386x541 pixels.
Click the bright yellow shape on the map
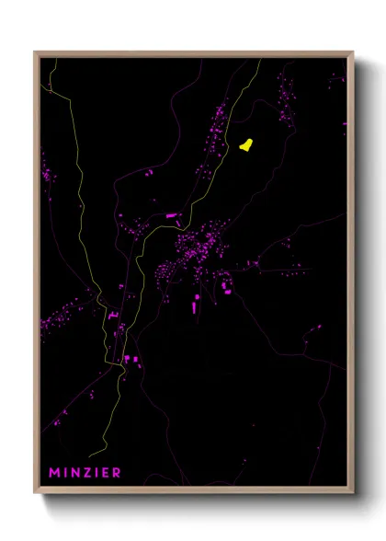coord(246,144)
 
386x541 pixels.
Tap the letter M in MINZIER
coord(54,473)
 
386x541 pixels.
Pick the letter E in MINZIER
coord(106,473)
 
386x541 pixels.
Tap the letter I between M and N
coord(65,473)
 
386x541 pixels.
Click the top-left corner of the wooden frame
coord(35,52)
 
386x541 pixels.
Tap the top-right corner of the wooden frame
coord(353,52)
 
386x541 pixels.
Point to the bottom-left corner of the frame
coord(35,492)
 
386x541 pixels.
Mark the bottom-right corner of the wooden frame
coord(353,492)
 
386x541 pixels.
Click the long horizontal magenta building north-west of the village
coord(170,215)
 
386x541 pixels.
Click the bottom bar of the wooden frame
coord(194,489)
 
